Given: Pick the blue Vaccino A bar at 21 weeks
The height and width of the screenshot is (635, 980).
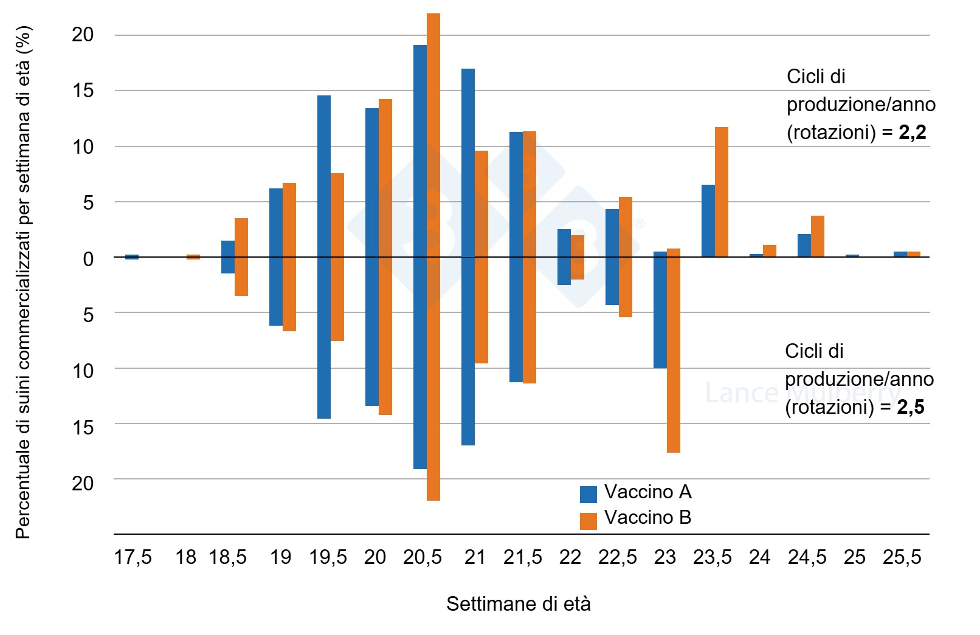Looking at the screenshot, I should [x=468, y=257].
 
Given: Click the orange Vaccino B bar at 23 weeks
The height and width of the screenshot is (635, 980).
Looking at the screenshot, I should [x=673, y=351].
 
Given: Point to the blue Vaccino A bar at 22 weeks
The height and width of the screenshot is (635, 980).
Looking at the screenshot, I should [x=564, y=257].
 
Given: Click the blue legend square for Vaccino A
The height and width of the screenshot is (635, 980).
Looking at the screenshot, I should [x=588, y=494].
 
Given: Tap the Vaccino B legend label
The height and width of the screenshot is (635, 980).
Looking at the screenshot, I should [x=647, y=518].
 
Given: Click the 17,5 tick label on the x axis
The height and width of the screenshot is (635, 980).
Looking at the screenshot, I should [x=133, y=557].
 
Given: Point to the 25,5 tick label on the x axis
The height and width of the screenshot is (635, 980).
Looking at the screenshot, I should [x=902, y=557].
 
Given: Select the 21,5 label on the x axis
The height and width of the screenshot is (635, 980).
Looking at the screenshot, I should [x=522, y=557].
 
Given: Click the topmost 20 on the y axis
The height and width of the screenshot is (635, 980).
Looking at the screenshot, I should [x=83, y=35].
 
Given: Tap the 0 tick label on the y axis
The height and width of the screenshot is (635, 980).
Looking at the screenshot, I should [x=88, y=258].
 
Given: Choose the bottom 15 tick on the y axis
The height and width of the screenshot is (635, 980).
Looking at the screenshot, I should [x=83, y=427].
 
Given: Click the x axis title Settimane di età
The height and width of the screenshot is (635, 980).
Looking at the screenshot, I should [x=518, y=604].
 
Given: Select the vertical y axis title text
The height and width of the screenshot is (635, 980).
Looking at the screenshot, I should [x=23, y=283].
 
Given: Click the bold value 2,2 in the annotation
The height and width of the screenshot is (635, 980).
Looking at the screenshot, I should [x=912, y=132].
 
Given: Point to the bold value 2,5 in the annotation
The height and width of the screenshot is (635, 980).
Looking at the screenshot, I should [x=910, y=407].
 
